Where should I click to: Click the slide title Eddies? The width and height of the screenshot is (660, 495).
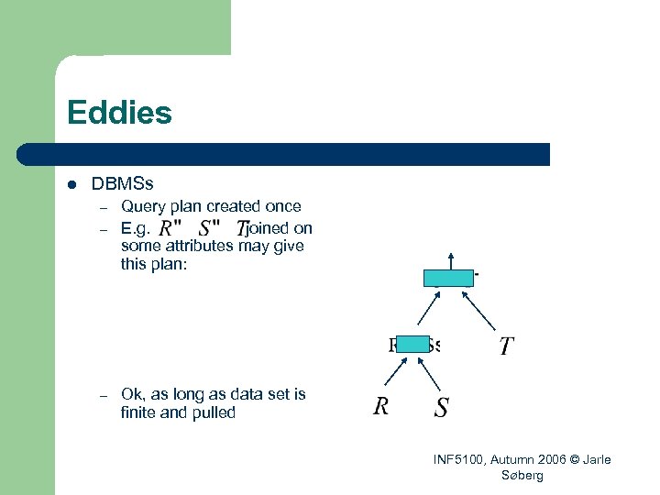point(119,114)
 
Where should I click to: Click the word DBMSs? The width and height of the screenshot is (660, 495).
point(122,185)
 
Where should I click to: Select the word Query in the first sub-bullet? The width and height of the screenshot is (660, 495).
point(143,207)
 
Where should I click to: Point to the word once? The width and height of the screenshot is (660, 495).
point(283,207)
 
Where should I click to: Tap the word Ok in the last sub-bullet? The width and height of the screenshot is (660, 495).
point(131,394)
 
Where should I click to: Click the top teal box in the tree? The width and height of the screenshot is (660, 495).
point(448,279)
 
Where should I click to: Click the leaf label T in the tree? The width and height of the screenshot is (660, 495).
point(506,346)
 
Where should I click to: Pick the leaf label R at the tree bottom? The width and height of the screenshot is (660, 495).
point(381,406)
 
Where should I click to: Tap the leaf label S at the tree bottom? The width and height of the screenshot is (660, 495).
point(441,407)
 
